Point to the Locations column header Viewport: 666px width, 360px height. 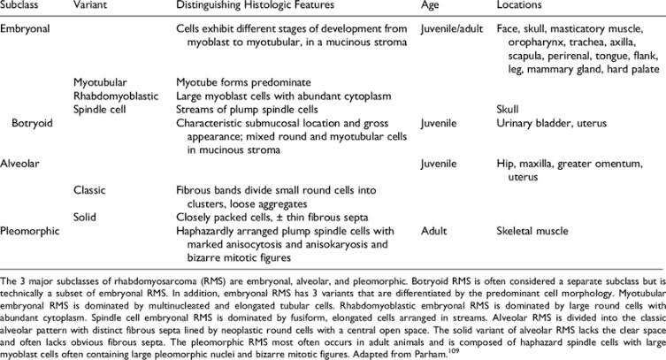click(524, 8)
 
